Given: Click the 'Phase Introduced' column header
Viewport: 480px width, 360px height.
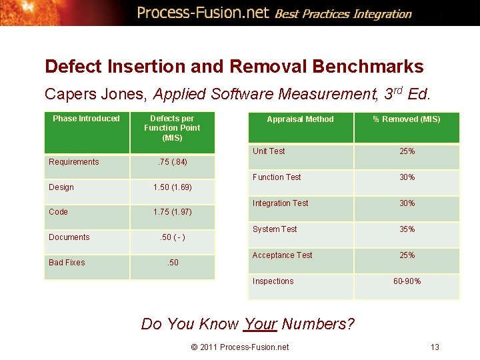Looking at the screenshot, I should pyautogui.click(x=86, y=119).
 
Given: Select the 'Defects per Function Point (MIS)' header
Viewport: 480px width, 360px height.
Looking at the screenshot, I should pyautogui.click(x=172, y=128).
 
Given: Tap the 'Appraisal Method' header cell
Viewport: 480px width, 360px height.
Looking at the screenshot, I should pyautogui.click(x=300, y=119).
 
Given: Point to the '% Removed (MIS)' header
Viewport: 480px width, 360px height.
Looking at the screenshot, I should pyautogui.click(x=406, y=119).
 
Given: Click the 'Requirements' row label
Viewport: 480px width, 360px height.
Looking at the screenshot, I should pyautogui.click(x=74, y=162).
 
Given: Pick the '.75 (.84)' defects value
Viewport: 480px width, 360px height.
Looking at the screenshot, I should pyautogui.click(x=171, y=162).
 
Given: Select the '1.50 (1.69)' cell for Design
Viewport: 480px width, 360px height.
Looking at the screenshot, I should pyautogui.click(x=172, y=187).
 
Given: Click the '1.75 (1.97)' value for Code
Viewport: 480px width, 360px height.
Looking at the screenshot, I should pyautogui.click(x=172, y=212).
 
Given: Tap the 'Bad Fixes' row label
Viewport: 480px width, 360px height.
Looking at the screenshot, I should pyautogui.click(x=67, y=263).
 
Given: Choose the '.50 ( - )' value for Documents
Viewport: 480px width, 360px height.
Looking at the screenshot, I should pyautogui.click(x=172, y=237).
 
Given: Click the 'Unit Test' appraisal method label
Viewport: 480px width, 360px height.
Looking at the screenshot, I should pyautogui.click(x=269, y=151).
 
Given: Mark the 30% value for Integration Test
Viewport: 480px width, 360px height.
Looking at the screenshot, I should pyautogui.click(x=407, y=203).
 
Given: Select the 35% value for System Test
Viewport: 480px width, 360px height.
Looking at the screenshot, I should pyautogui.click(x=407, y=229).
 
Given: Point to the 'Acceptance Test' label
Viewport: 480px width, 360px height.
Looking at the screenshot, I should pyautogui.click(x=282, y=255).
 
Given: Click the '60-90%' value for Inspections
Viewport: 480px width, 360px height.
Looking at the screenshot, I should pyautogui.click(x=407, y=281).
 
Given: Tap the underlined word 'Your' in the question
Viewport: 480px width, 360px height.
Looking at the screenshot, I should pyautogui.click(x=260, y=324).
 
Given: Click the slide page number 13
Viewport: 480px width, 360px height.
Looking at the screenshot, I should pyautogui.click(x=435, y=347).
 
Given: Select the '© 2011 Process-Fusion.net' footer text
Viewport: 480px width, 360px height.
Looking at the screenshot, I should pyautogui.click(x=239, y=347).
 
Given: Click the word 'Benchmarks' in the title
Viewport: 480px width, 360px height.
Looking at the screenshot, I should pyautogui.click(x=369, y=67).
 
